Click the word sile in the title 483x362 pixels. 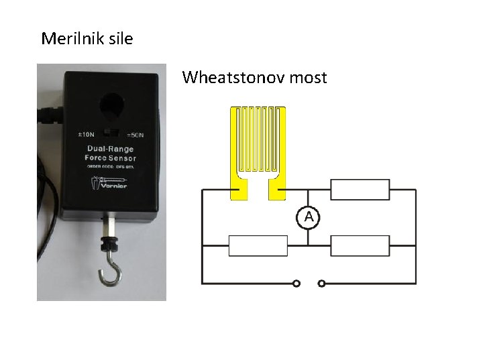point(119,38)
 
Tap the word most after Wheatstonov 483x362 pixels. point(307,78)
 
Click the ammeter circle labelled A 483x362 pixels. point(309,217)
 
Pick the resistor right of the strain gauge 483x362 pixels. point(360,190)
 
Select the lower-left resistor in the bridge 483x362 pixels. point(258,246)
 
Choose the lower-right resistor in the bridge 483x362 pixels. point(360,246)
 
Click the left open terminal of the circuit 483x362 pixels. point(297,284)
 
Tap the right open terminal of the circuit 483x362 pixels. point(321,284)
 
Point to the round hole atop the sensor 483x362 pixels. point(110,105)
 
